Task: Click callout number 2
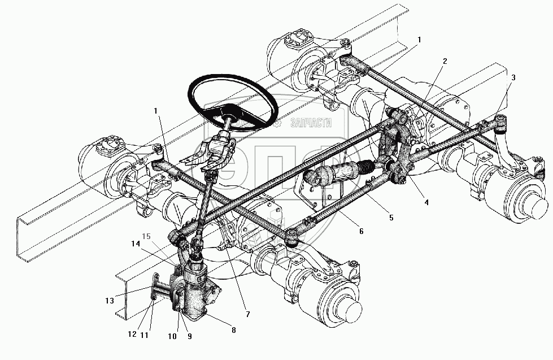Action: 445,61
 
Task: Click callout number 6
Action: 361,231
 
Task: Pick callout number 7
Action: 247,314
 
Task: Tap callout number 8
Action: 233,329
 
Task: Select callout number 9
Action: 190,337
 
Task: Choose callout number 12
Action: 132,335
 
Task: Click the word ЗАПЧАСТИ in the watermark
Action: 311,123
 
